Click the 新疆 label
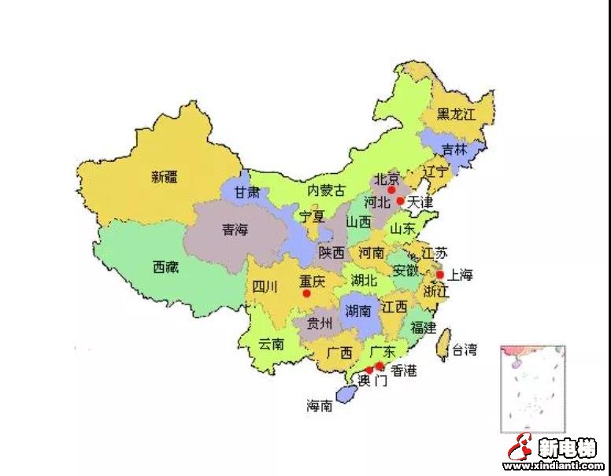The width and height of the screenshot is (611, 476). point(165,177)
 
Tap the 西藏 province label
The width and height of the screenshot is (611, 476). point(165,268)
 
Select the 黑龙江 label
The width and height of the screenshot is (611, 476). point(457,114)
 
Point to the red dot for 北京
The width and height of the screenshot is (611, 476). point(391,190)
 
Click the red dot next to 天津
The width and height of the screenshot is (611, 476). point(401,201)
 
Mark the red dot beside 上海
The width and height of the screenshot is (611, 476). point(440,275)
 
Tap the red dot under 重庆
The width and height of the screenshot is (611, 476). point(307,293)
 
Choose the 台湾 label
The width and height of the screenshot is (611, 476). point(464,350)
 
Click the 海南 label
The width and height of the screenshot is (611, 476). point(320,407)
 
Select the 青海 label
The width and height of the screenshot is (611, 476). point(234,231)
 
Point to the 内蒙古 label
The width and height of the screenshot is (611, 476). point(326,190)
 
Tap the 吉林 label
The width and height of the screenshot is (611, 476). point(454,149)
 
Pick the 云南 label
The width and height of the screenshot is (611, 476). point(271,344)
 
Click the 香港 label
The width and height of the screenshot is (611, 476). point(404,370)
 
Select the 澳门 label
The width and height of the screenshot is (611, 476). point(372,381)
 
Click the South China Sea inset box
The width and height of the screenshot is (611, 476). point(533,387)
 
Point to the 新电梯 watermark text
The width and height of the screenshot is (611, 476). point(566,448)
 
